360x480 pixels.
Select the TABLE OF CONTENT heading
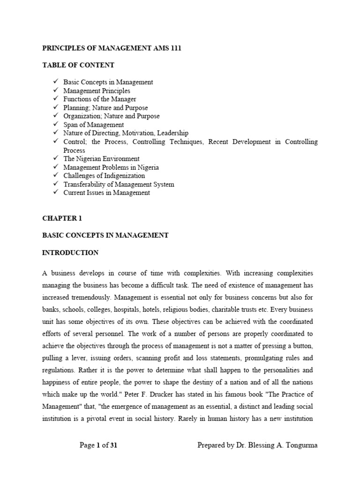point(78,65)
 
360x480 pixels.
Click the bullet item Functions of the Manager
point(100,99)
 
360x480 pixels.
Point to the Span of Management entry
point(94,125)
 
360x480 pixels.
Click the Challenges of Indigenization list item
point(104,176)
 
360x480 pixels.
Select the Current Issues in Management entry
point(107,193)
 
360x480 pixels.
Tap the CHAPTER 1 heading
point(62,218)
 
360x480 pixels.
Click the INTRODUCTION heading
point(70,253)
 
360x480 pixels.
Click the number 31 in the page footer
point(113,445)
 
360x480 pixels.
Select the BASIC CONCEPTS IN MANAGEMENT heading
point(105,235)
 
